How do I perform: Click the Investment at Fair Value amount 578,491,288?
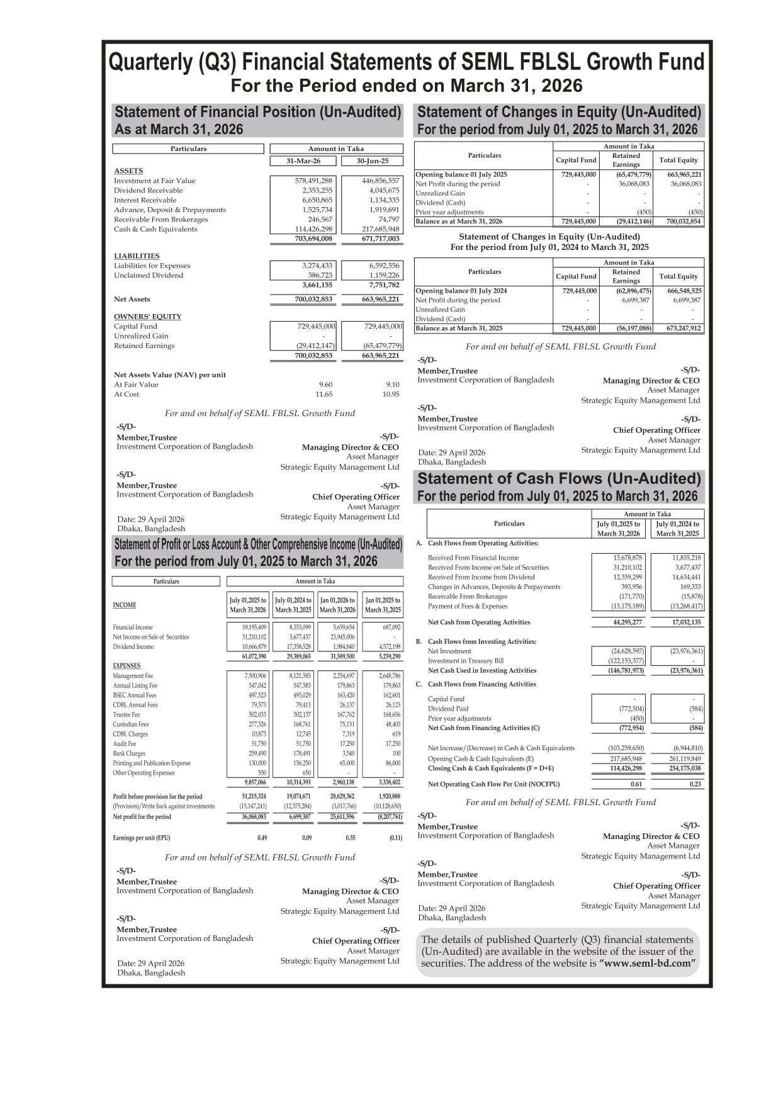[x=313, y=181]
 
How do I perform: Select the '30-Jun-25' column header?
[x=372, y=161]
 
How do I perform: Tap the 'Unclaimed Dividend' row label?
[x=149, y=275]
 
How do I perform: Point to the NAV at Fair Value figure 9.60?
[x=325, y=385]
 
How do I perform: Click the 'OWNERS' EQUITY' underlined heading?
[x=147, y=317]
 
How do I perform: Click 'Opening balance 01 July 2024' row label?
[x=461, y=291]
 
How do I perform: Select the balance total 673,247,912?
[x=679, y=328]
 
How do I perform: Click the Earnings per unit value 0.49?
[x=262, y=838]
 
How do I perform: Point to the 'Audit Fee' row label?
[x=125, y=744]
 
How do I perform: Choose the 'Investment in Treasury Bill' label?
[x=465, y=661]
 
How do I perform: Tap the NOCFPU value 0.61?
[x=636, y=784]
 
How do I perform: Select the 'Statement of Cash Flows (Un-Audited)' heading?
[x=559, y=478]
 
